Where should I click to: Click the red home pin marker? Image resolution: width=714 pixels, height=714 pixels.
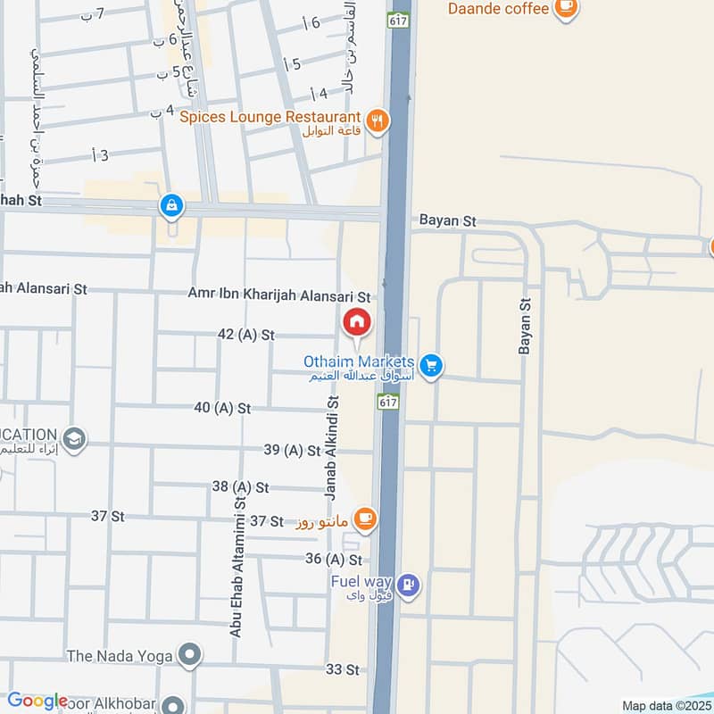click(x=356, y=322)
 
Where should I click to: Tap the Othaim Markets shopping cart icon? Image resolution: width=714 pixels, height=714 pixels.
click(x=431, y=366)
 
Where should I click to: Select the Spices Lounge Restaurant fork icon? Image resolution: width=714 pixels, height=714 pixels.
click(x=378, y=120)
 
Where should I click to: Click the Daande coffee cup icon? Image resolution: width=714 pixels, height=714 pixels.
click(x=565, y=7)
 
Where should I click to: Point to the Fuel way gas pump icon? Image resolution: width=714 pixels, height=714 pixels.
click(x=409, y=585)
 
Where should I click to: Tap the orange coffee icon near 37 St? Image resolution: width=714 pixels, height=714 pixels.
click(x=364, y=518)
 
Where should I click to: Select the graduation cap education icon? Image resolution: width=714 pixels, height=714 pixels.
click(x=75, y=439)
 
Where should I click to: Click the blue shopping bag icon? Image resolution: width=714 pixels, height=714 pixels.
click(x=170, y=207)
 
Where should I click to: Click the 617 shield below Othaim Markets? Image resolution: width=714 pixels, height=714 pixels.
click(x=387, y=403)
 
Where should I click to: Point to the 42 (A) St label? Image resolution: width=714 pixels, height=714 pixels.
click(x=245, y=334)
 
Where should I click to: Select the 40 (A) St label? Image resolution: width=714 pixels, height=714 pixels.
click(x=222, y=408)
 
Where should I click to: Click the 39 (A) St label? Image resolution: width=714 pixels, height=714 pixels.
click(x=292, y=451)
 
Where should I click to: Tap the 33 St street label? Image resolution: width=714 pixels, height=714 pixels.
click(x=343, y=669)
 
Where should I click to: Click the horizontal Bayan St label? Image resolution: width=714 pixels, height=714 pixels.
click(x=449, y=220)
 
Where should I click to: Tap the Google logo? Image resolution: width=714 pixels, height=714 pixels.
click(x=37, y=701)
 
